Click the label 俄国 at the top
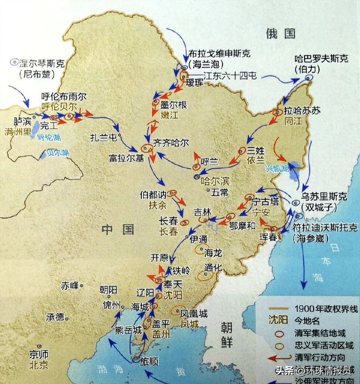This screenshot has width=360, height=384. (x=281, y=33)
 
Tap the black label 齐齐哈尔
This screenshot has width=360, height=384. (x=171, y=142)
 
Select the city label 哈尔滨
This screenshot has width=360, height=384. (x=215, y=181)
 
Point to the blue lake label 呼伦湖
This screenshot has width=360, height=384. (x=49, y=137)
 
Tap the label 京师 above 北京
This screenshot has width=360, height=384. (x=39, y=354)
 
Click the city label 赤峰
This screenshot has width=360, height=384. (x=70, y=286)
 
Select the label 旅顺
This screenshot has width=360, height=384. (x=149, y=361)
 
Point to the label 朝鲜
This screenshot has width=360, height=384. (x=226, y=334)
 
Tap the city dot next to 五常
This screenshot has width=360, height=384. (x=208, y=190)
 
